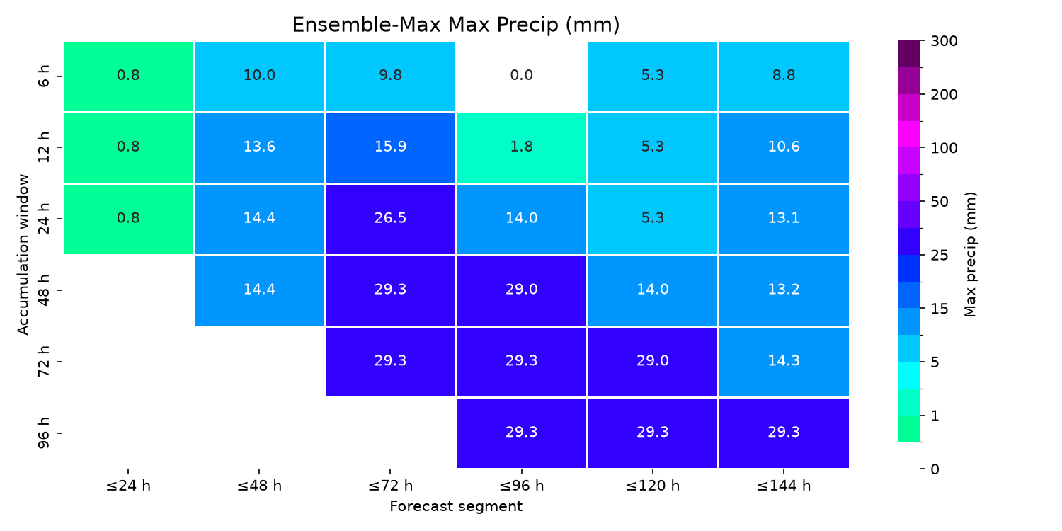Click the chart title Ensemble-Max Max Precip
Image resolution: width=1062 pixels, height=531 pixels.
[x=456, y=25]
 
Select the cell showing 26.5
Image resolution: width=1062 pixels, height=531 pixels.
[x=391, y=219]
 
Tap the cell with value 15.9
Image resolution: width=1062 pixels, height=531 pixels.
[x=391, y=147]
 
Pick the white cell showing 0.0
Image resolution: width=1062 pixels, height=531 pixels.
[x=522, y=76]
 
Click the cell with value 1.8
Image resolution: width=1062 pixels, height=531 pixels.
[x=522, y=147]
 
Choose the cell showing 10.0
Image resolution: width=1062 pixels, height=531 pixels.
[x=259, y=76]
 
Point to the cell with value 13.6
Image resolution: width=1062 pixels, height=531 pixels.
[x=259, y=147]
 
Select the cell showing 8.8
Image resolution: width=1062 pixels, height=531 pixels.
[x=784, y=76]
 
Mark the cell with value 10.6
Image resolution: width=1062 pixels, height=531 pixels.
[x=784, y=147]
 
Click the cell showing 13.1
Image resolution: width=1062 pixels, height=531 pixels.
[x=784, y=219]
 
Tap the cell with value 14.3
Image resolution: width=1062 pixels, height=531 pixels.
[x=784, y=362]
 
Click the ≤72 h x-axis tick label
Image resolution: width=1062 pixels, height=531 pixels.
[x=391, y=486]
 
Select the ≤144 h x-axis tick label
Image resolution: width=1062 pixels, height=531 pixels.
[x=784, y=486]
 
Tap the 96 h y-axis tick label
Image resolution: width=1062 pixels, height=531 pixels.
[x=44, y=433]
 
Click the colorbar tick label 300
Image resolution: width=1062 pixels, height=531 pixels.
[x=944, y=41]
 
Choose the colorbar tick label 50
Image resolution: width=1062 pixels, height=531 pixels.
[x=940, y=202]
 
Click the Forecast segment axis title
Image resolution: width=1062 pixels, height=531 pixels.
[x=456, y=506]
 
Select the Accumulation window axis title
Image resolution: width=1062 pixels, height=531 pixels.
[x=23, y=255]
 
